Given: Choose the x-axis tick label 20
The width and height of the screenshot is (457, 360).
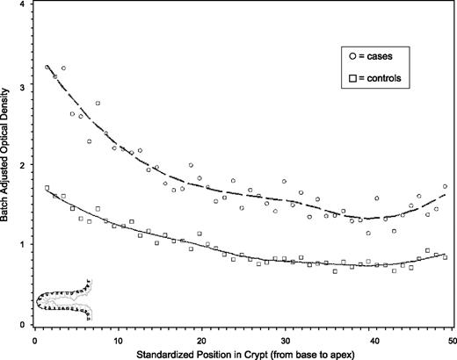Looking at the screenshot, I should [x=201, y=341].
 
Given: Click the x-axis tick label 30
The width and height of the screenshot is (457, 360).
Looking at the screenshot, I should [x=286, y=341].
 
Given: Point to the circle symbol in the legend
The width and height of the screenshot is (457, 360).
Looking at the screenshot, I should [x=352, y=55].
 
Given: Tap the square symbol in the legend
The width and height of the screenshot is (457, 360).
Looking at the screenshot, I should [x=352, y=78].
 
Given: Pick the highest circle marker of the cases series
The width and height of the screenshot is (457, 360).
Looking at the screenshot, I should [x=47, y=67].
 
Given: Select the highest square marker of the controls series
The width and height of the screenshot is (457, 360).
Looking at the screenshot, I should [x=47, y=188].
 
